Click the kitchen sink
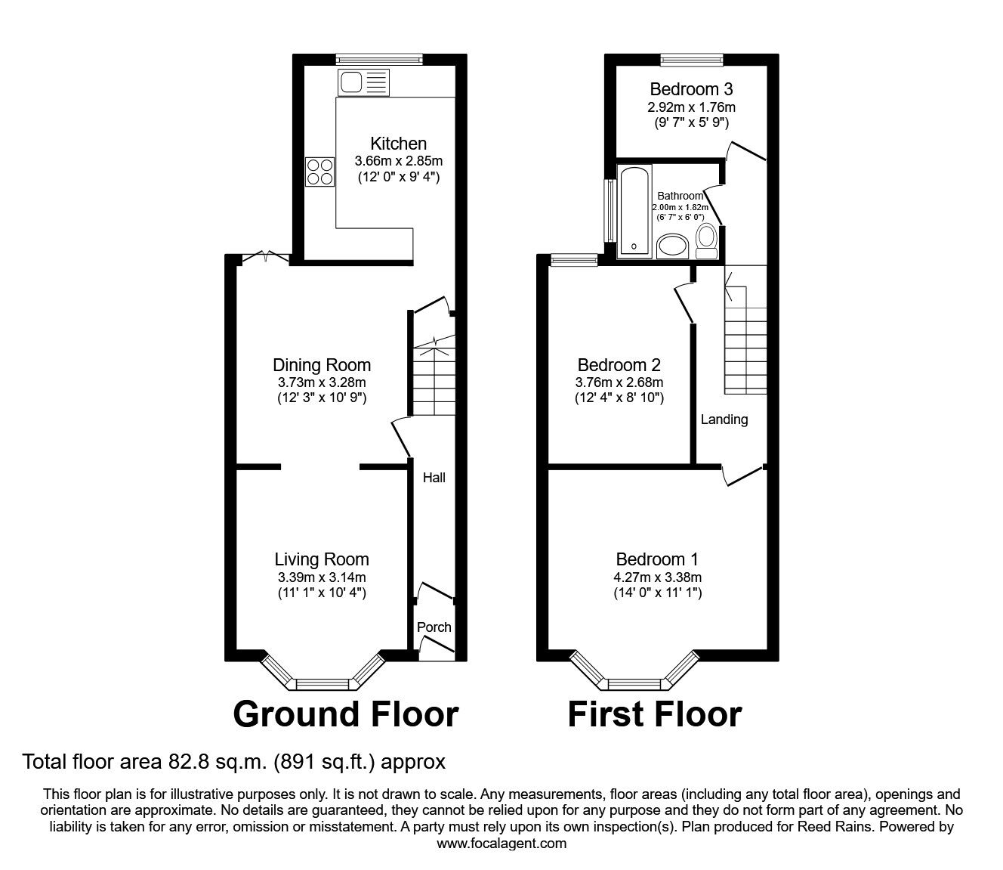click(x=363, y=82)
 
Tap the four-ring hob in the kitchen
click(x=320, y=172)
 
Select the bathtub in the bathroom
click(x=634, y=212)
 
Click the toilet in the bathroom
click(x=706, y=241)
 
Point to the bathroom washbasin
click(x=672, y=246)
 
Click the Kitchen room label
click(x=398, y=144)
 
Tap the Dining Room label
click(x=322, y=365)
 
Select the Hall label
click(x=434, y=478)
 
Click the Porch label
click(x=434, y=627)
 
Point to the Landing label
click(x=724, y=420)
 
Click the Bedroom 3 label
click(x=691, y=89)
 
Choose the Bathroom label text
click(x=680, y=196)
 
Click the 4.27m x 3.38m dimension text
click(x=658, y=577)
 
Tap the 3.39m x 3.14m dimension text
click(x=322, y=577)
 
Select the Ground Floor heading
click(x=346, y=714)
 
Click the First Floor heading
click(x=655, y=714)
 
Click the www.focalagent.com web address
click(x=501, y=844)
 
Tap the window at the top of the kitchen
click(x=379, y=60)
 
